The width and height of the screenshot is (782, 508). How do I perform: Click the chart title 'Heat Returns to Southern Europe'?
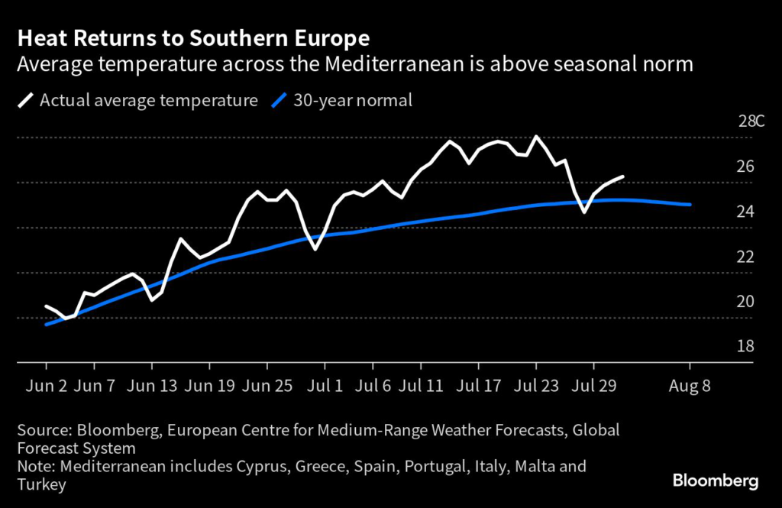(x=194, y=38)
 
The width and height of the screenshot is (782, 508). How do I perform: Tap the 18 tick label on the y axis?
(x=745, y=346)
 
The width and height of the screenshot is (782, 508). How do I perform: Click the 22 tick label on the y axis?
(x=745, y=256)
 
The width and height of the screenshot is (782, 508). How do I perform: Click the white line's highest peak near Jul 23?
(x=536, y=136)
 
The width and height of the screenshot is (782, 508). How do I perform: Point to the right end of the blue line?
(x=690, y=205)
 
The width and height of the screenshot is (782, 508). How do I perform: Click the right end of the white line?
(x=623, y=176)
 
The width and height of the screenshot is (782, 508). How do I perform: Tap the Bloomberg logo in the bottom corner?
(x=715, y=480)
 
